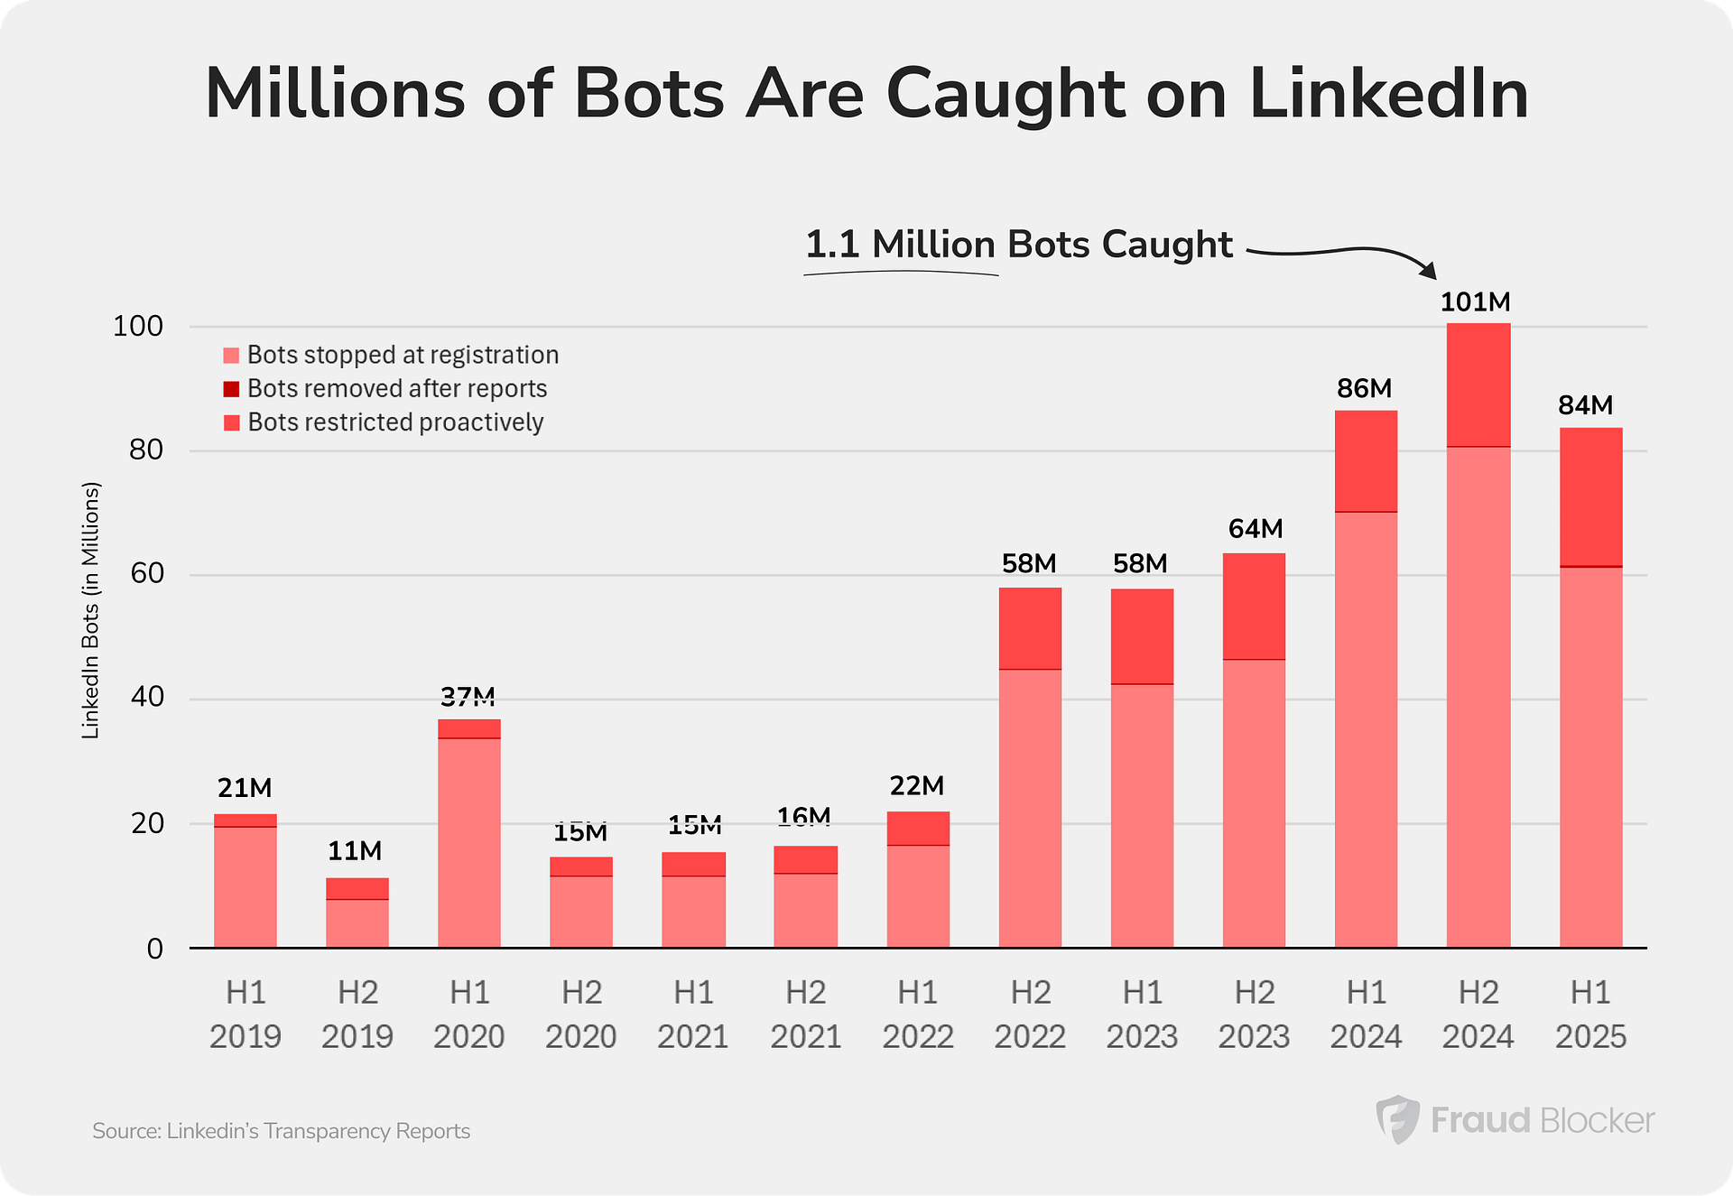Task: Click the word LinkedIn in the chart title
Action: (x=1388, y=94)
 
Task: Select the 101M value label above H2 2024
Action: (x=1475, y=302)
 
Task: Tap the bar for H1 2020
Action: (x=469, y=839)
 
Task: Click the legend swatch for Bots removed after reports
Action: (x=231, y=389)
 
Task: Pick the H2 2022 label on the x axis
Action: (x=1030, y=1014)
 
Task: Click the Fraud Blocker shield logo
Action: (x=1397, y=1119)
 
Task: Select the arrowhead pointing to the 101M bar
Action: (x=1427, y=269)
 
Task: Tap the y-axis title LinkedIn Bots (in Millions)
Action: (x=90, y=610)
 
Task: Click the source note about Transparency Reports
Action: (x=281, y=1131)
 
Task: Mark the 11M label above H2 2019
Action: (x=355, y=851)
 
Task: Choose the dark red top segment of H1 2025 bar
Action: (x=1590, y=496)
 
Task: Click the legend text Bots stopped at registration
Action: (x=403, y=355)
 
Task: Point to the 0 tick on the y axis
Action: (x=154, y=949)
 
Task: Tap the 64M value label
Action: (x=1255, y=529)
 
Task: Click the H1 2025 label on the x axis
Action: (x=1590, y=1014)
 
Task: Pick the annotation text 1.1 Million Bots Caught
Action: (x=1018, y=245)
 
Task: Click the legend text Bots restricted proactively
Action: (x=395, y=422)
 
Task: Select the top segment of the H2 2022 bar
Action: (x=1030, y=628)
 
